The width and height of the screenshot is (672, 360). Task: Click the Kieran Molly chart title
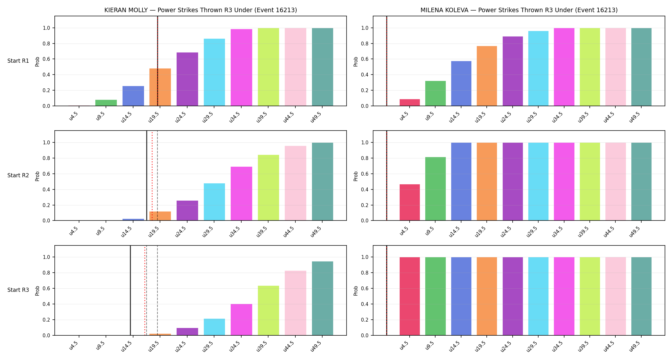pyautogui.click(x=201, y=10)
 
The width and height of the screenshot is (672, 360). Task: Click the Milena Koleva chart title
pyautogui.click(x=519, y=10)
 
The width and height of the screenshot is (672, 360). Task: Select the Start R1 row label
pyautogui.click(x=18, y=61)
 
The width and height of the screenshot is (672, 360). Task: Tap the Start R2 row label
pyautogui.click(x=18, y=175)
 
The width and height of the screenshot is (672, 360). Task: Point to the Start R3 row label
pyautogui.click(x=18, y=290)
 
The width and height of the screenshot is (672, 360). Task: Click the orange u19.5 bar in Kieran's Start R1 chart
pyautogui.click(x=160, y=87)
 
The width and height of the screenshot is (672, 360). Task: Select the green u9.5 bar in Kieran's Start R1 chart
pyautogui.click(x=106, y=103)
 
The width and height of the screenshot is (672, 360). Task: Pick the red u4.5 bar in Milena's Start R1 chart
pyautogui.click(x=410, y=102)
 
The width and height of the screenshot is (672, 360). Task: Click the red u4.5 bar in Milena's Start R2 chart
pyautogui.click(x=410, y=202)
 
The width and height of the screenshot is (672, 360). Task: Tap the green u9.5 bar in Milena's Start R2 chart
pyautogui.click(x=436, y=189)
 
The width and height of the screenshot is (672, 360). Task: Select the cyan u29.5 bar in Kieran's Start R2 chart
pyautogui.click(x=214, y=202)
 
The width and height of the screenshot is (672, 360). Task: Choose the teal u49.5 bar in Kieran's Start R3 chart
pyautogui.click(x=323, y=298)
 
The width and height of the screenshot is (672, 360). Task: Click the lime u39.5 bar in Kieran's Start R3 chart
pyautogui.click(x=268, y=310)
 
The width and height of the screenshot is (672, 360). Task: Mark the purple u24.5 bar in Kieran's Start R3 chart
pyautogui.click(x=187, y=332)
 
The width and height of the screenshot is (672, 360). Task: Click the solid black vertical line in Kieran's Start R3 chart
pyautogui.click(x=130, y=290)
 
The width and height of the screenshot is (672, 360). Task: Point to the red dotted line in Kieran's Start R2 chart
pyautogui.click(x=152, y=175)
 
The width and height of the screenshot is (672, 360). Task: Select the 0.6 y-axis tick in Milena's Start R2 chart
pyautogui.click(x=365, y=174)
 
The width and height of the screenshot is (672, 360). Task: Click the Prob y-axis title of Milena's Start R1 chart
pyautogui.click(x=356, y=61)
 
